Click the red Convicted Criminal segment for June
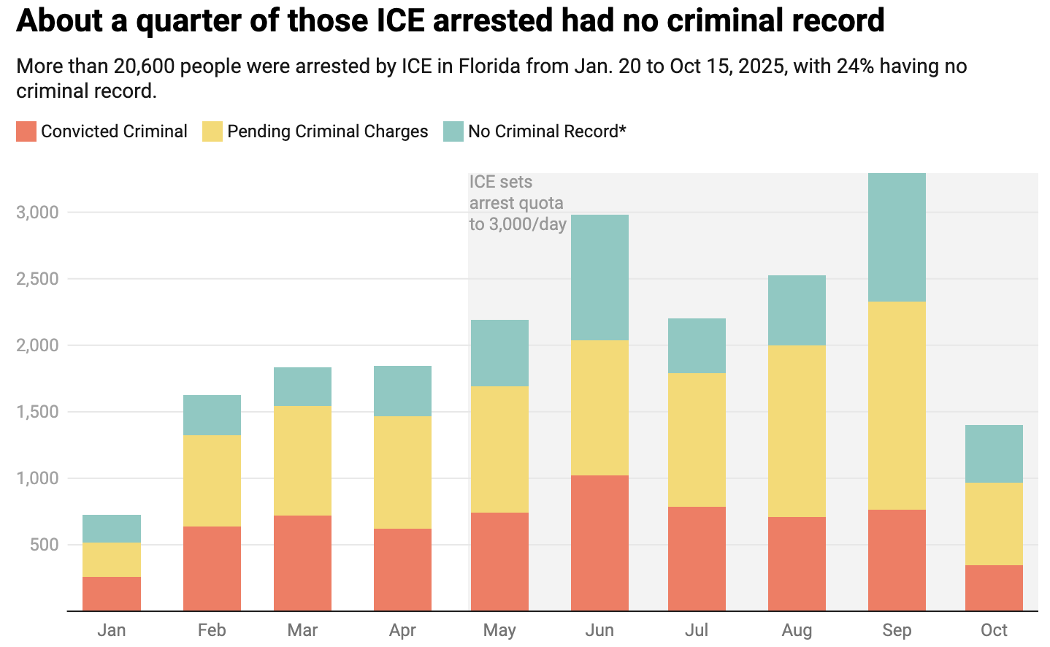[599, 543]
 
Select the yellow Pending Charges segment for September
[897, 405]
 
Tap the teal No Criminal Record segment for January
[112, 529]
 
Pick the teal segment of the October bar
[994, 453]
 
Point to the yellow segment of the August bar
[797, 431]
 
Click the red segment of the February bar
[212, 568]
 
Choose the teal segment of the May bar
[499, 353]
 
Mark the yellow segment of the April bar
[402, 472]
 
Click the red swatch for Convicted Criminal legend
[26, 131]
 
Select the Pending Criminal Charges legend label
[327, 131]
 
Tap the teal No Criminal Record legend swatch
[453, 131]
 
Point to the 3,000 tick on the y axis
[37, 213]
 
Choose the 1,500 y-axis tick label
[37, 412]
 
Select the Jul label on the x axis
[697, 630]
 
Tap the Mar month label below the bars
[302, 630]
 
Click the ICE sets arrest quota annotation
[517, 203]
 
